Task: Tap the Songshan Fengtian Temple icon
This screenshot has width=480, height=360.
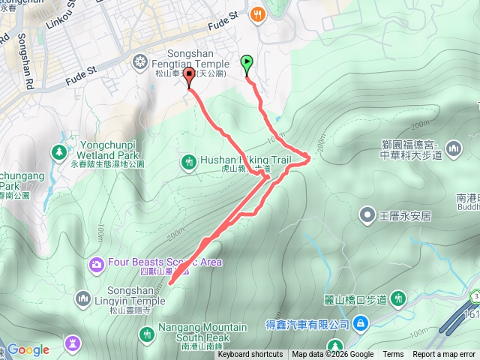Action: (140, 61)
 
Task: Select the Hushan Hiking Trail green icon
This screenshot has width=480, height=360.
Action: (187, 161)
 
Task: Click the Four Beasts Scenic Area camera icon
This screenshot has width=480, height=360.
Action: (96, 263)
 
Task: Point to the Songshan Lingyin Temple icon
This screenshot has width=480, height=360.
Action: (83, 298)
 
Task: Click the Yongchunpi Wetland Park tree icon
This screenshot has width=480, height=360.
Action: (58, 152)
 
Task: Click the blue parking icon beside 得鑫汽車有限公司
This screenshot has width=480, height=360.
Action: (361, 323)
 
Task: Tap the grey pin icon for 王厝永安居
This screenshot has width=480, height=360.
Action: (367, 216)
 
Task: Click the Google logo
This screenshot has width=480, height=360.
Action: (28, 349)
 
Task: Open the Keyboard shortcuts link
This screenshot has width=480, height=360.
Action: (250, 355)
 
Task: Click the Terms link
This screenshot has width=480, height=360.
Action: (393, 355)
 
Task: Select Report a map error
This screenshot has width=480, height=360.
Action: (445, 355)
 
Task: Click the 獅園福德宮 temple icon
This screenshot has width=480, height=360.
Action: (453, 150)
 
